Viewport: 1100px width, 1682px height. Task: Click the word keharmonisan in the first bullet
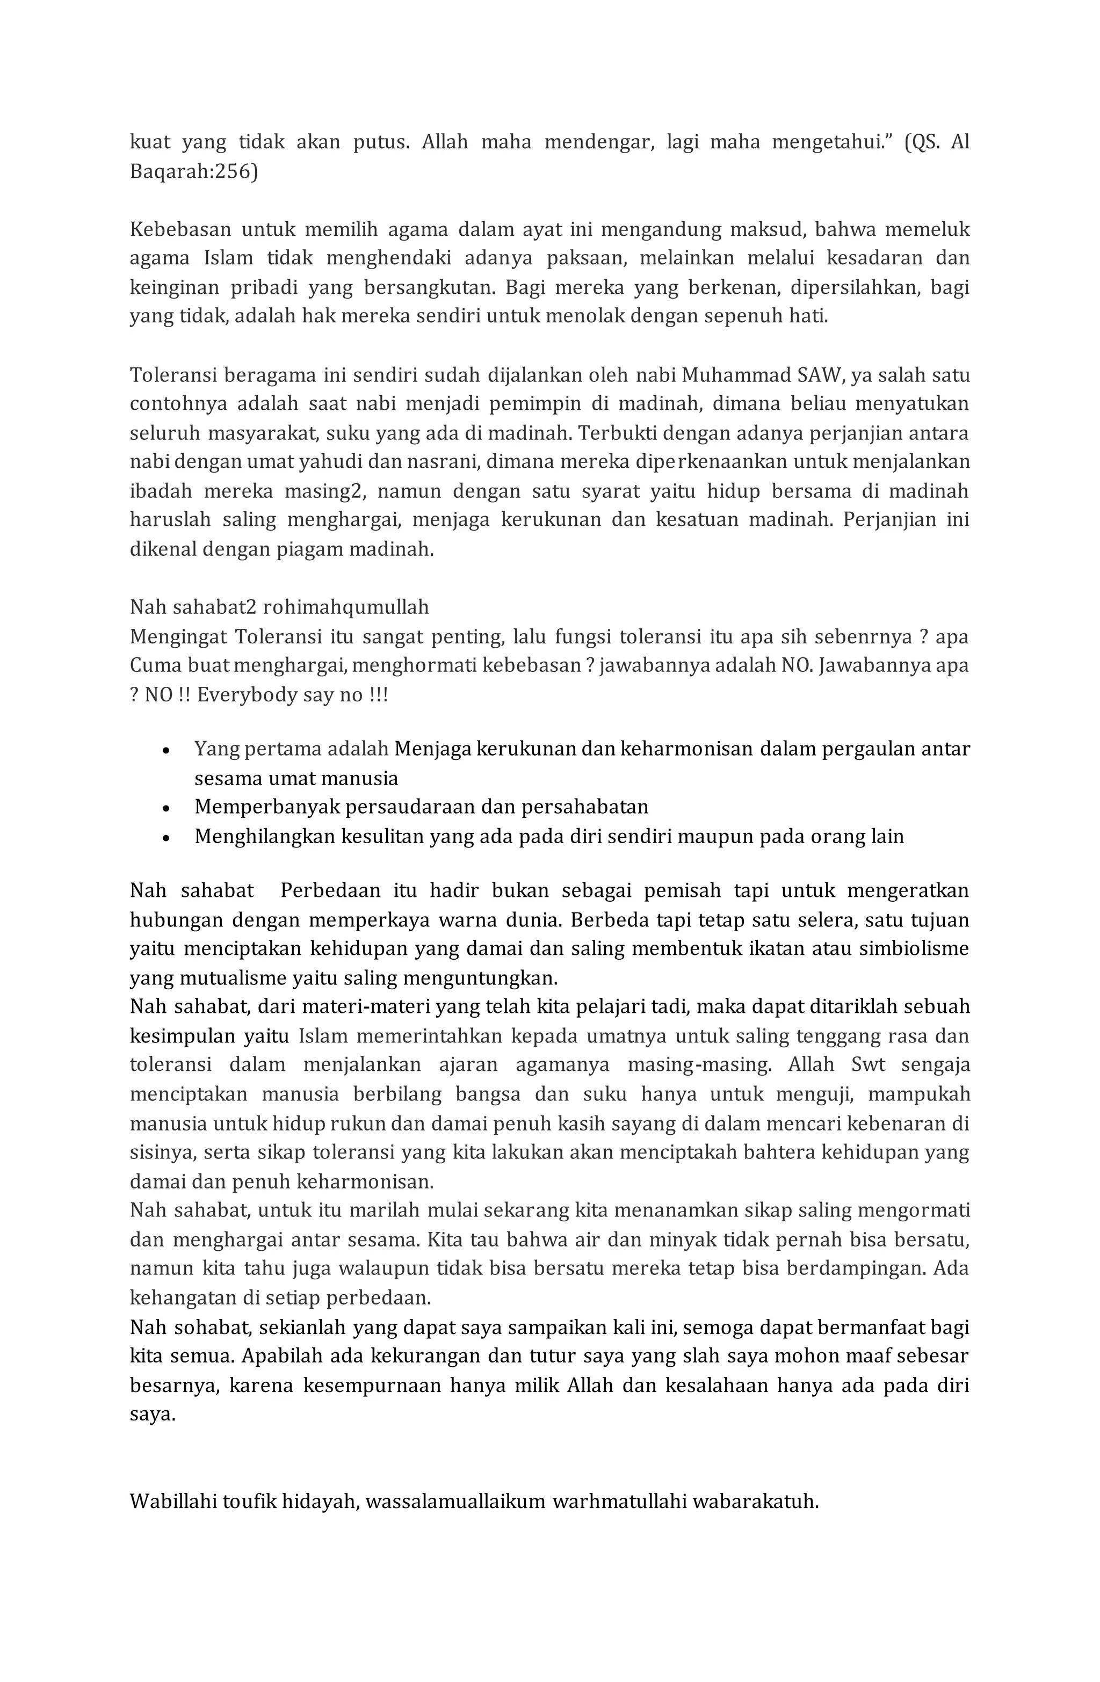click(686, 749)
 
